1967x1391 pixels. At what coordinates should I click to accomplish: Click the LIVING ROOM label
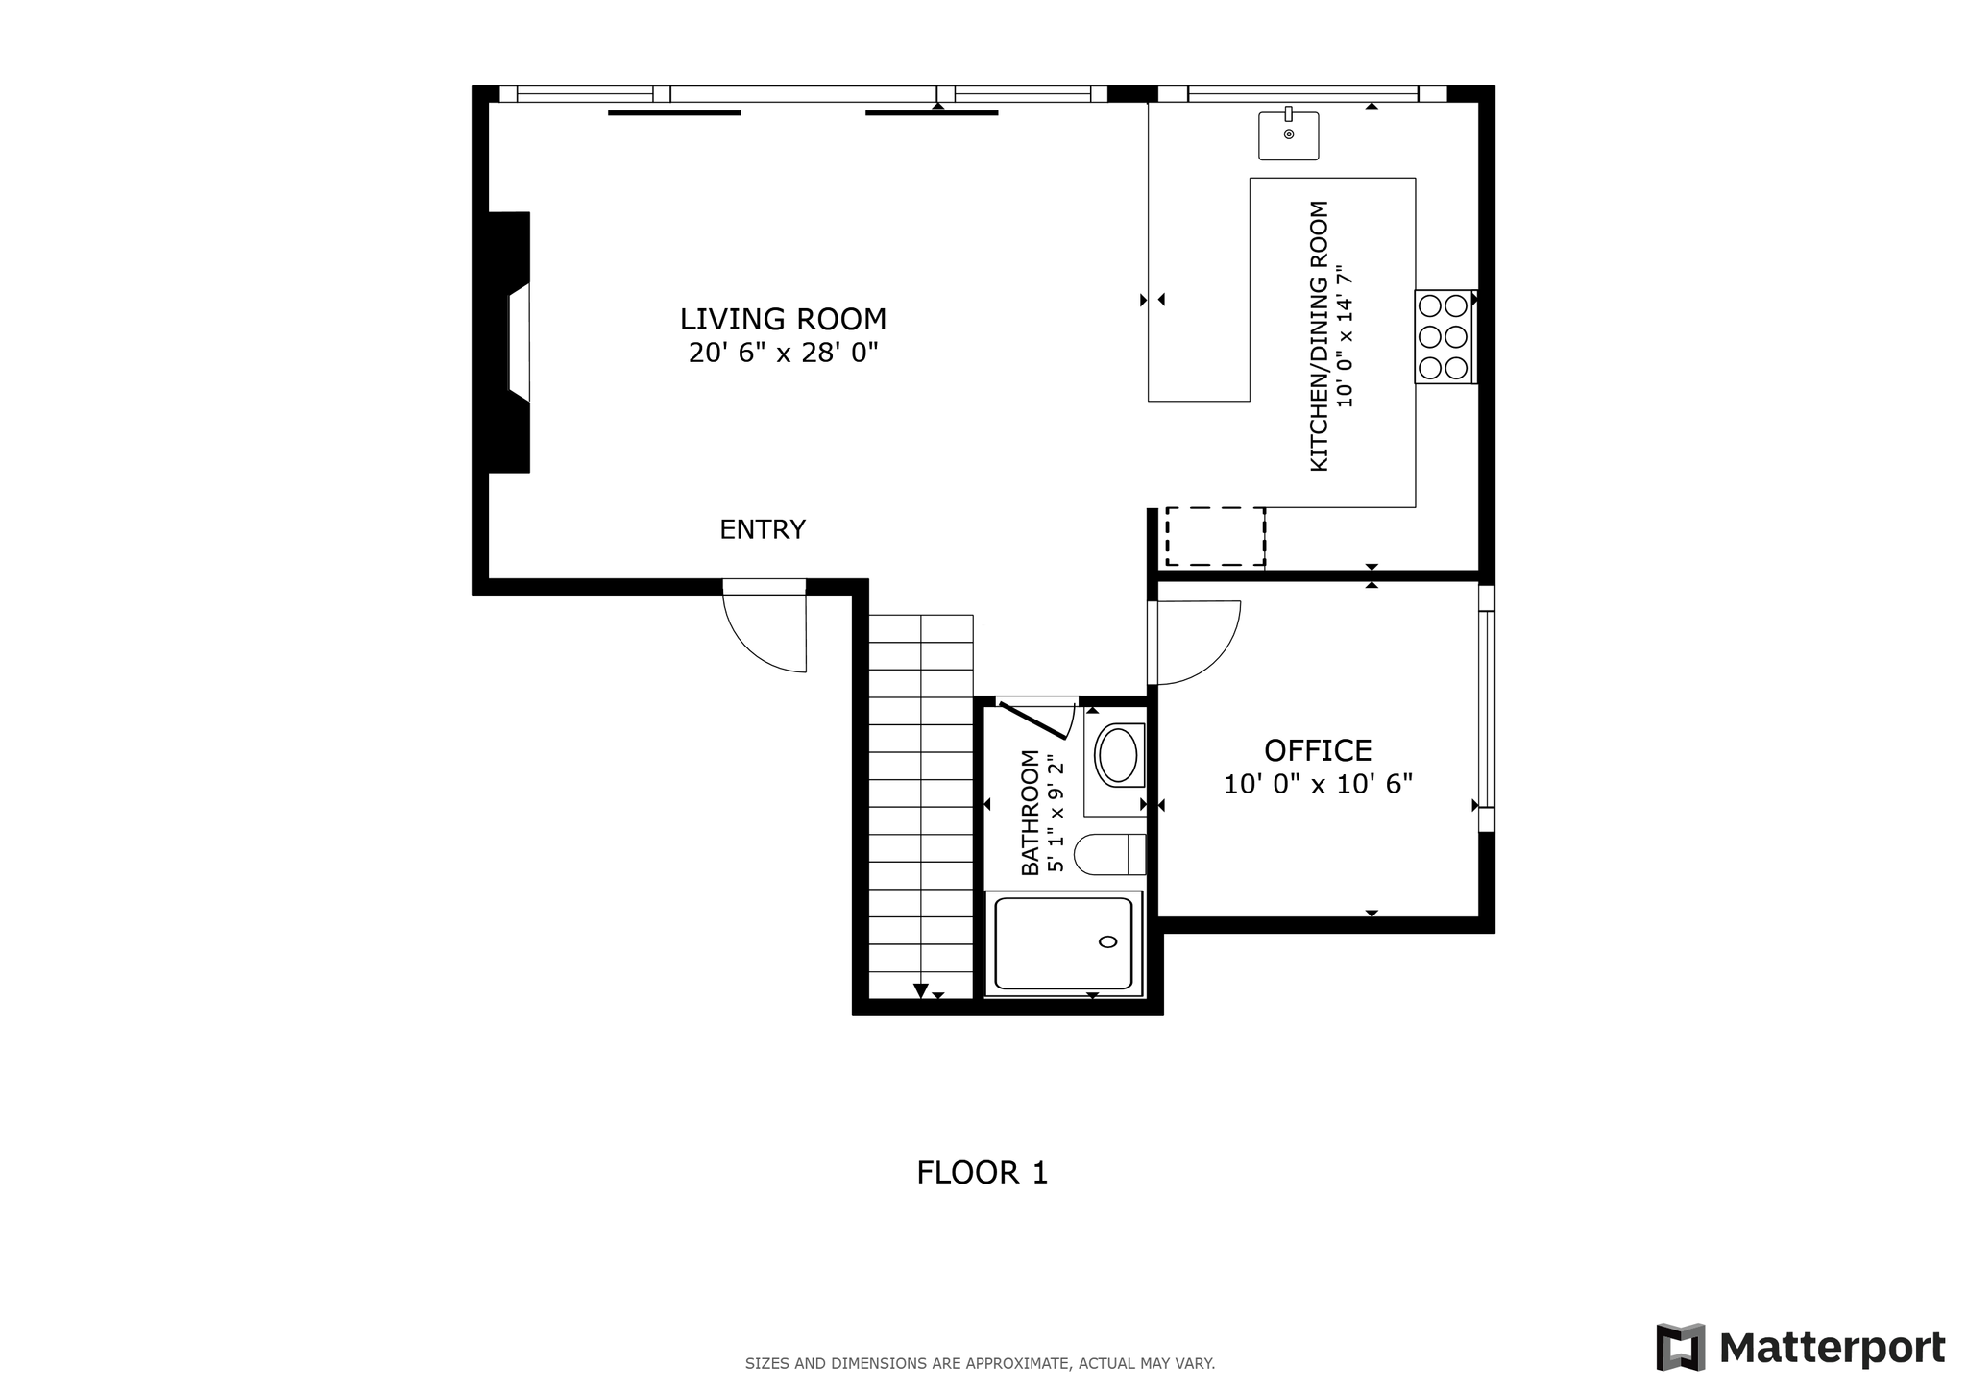(783, 319)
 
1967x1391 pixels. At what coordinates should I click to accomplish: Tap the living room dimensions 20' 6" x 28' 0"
(783, 354)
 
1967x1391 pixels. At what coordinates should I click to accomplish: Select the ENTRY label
(763, 529)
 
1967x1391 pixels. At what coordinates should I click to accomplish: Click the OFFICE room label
(1318, 750)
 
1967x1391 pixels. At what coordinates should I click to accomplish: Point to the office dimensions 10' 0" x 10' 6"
(1318, 785)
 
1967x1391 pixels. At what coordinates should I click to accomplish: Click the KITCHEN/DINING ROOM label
(1320, 336)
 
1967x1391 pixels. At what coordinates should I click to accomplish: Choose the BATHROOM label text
(1030, 813)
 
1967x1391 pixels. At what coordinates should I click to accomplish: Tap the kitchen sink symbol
(1289, 134)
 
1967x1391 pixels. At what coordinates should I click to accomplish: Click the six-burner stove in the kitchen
(1444, 336)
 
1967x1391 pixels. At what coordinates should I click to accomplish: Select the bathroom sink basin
(1117, 756)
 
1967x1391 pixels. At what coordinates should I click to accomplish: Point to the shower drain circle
(1108, 941)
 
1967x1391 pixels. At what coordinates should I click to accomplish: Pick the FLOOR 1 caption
(982, 1173)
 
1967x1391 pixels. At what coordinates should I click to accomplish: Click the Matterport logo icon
(1680, 1347)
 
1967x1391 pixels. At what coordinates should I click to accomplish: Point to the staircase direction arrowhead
(921, 991)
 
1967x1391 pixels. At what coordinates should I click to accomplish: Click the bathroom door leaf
(1034, 721)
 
